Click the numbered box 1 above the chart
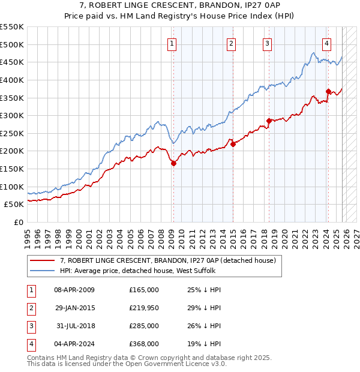[x=172, y=43]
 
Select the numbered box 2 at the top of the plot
[x=231, y=43]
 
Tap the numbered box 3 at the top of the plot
[x=267, y=43]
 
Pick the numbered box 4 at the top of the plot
[x=326, y=43]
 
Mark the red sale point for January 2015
[x=233, y=144]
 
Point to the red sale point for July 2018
[x=269, y=121]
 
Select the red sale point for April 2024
[x=328, y=91]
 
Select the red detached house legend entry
[x=167, y=260]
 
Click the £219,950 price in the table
[x=144, y=308]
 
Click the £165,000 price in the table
[x=144, y=290]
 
